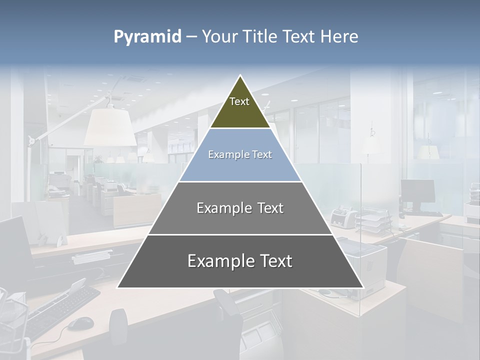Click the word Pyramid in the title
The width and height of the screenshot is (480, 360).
[147, 37]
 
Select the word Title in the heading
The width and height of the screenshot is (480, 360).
[261, 37]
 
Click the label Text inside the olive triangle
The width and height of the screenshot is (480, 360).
[239, 101]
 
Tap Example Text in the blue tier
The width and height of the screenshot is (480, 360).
[240, 154]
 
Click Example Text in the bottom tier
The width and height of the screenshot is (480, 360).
[240, 261]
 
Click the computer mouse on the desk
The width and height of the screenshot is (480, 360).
[80, 323]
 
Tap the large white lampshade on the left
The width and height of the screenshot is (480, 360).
[110, 128]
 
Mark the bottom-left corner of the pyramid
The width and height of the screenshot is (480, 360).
[117, 287]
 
